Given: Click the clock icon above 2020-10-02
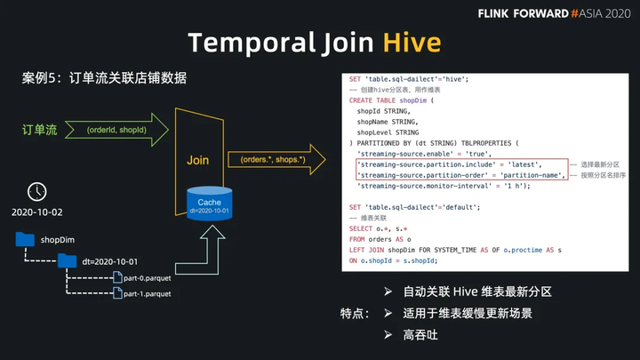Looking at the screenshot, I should coord(37,190).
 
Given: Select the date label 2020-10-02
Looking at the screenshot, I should coord(37,214).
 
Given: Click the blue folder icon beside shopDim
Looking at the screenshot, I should coord(25,238).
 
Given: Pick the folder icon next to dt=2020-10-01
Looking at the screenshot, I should coord(68,260).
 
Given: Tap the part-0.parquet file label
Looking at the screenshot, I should coord(148,277).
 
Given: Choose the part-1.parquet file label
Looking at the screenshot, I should coord(148,293).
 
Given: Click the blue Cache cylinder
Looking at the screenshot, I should coord(210,204).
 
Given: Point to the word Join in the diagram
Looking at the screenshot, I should coord(197,160).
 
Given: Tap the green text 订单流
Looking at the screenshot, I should coord(40,130).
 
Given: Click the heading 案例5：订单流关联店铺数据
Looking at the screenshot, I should coord(104,77).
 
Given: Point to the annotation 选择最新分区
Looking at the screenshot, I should coord(600,165).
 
